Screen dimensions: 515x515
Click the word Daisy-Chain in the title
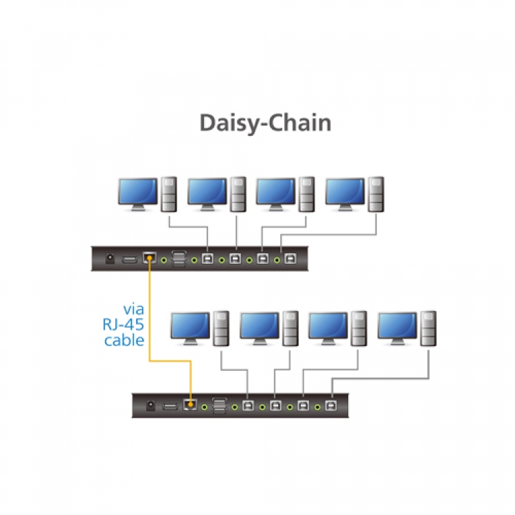[x=265, y=123]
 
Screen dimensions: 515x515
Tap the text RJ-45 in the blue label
[x=124, y=325]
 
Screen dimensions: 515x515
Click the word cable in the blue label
[x=124, y=340]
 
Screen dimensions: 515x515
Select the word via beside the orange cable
[x=133, y=310]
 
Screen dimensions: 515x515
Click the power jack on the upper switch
[x=109, y=260]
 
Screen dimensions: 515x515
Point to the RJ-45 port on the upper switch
[x=149, y=259]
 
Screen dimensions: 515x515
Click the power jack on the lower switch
[x=150, y=407]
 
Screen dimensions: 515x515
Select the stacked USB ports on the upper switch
[x=179, y=259]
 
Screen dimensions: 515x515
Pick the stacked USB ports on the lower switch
[x=220, y=406]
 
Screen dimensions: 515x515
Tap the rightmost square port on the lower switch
[x=332, y=407]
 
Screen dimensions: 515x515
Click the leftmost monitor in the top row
[x=137, y=194]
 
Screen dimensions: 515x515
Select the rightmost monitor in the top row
[x=345, y=194]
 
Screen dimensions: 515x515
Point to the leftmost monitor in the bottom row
[x=190, y=328]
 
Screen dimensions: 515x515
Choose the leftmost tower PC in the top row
[x=169, y=194]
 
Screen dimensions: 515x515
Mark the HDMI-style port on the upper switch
[x=129, y=260]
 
